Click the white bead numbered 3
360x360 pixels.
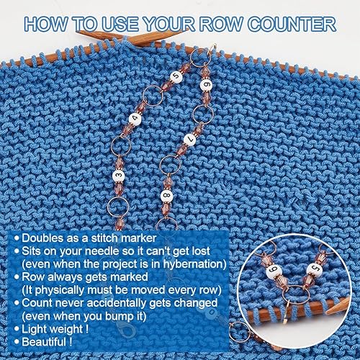119,176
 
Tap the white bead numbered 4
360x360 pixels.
135,119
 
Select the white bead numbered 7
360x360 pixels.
190,140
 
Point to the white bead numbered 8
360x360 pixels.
167,196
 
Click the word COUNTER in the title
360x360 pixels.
292,24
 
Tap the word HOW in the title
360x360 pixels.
45,24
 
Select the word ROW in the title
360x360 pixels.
221,24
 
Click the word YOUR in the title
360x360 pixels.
168,24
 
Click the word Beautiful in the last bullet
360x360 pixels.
44,341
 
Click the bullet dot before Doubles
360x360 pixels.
17,238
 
